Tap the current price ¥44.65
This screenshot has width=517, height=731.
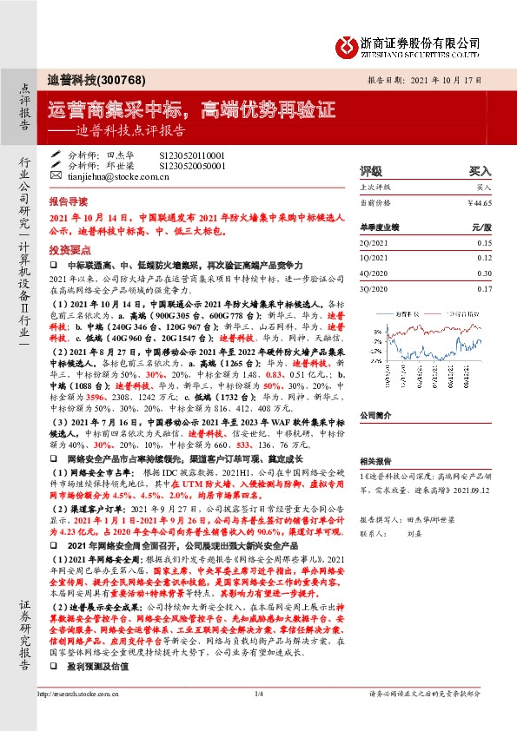[479, 201]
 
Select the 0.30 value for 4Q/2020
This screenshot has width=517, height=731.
[485, 273]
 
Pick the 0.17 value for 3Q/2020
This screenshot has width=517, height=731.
[485, 287]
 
